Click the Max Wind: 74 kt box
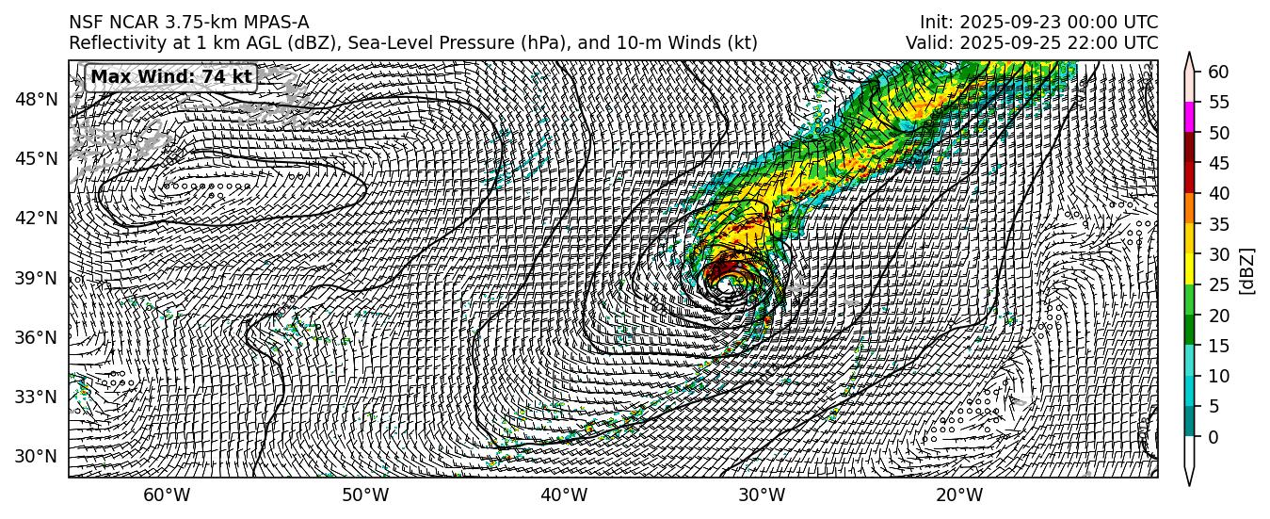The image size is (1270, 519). click(x=170, y=76)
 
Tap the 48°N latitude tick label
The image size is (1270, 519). click(x=38, y=99)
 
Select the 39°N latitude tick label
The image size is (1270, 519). click(x=38, y=278)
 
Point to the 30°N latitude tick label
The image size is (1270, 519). click(x=38, y=456)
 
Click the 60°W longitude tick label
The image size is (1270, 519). click(x=167, y=495)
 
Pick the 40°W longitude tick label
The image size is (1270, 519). click(x=564, y=495)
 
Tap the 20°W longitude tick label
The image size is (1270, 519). click(x=960, y=495)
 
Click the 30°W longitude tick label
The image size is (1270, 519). click(x=762, y=495)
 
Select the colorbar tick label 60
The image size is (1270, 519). click(x=1218, y=72)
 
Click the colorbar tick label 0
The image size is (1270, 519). click(x=1214, y=437)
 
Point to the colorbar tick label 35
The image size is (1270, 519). click(x=1218, y=224)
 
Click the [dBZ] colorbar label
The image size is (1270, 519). click(x=1248, y=271)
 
